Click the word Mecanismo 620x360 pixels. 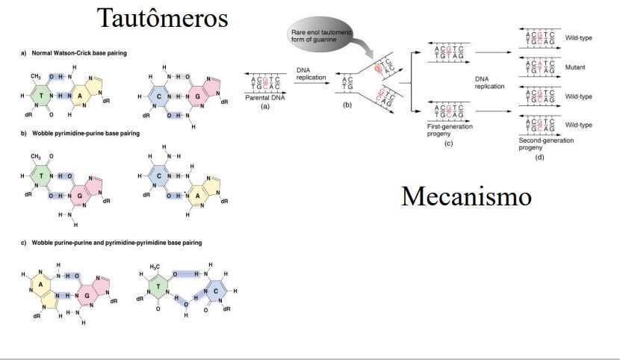(x=466, y=196)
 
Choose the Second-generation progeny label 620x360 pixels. (x=545, y=143)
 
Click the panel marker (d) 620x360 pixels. (x=539, y=157)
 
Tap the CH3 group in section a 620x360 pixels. (x=34, y=75)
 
